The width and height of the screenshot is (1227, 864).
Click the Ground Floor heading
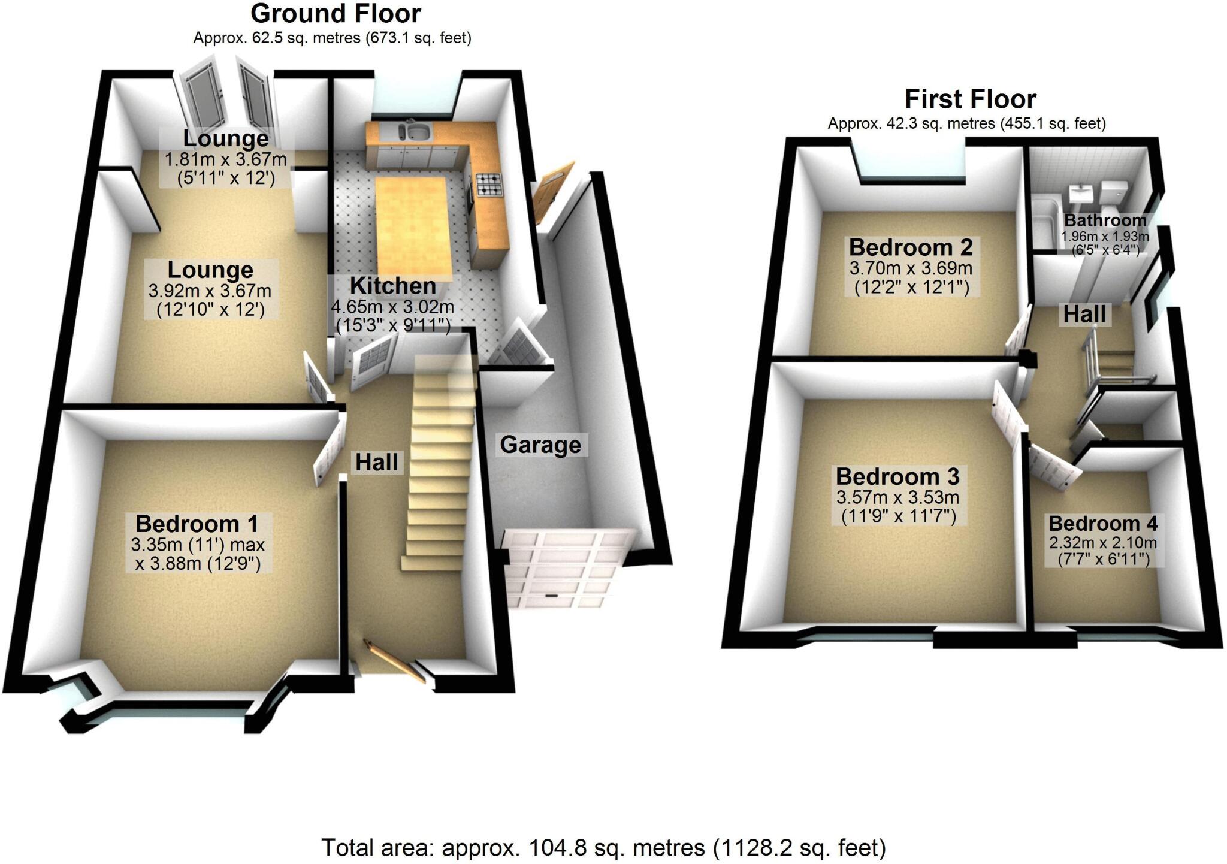tap(336, 13)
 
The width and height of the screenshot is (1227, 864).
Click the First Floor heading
tap(970, 99)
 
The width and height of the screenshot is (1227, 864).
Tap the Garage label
tap(540, 445)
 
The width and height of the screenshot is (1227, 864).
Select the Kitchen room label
tap(392, 286)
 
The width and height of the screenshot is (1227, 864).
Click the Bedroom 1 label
tap(197, 524)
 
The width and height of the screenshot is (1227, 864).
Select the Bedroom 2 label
tap(911, 247)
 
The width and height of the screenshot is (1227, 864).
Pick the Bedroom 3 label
tap(897, 477)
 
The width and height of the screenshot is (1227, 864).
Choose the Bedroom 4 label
tap(1102, 524)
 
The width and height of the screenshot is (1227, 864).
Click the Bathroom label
tap(1105, 220)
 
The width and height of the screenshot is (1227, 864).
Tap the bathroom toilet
tap(1114, 193)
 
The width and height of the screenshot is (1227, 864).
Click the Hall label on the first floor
tap(1084, 314)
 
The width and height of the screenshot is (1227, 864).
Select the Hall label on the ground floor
tap(377, 462)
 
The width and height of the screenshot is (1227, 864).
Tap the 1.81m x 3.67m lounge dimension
tap(226, 160)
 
